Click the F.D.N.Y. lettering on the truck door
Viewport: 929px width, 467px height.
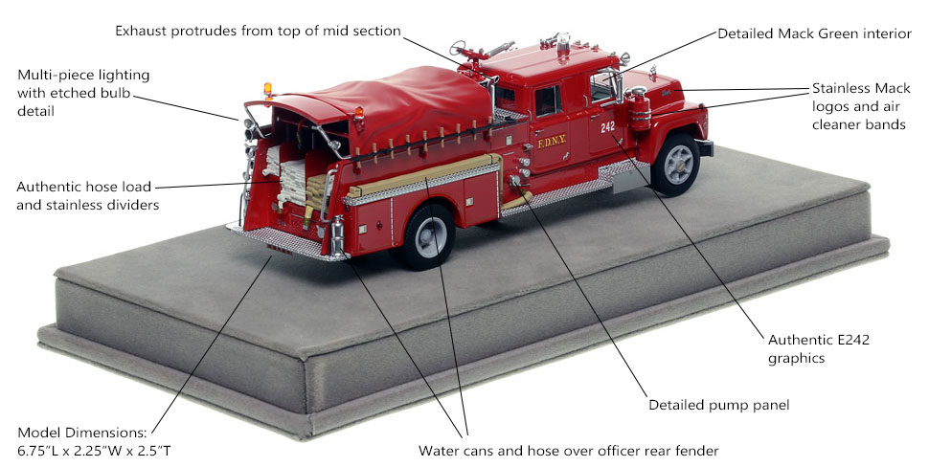pyautogui.click(x=552, y=143)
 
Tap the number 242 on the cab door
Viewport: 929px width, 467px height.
pyautogui.click(x=607, y=127)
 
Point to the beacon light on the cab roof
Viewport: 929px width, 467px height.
pyautogui.click(x=562, y=43)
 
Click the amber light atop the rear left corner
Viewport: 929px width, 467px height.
pyautogui.click(x=268, y=90)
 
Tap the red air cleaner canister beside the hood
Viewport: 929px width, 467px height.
pyautogui.click(x=639, y=109)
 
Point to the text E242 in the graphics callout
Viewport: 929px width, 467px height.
pyautogui.click(x=852, y=340)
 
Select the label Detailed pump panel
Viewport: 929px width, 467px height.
pyautogui.click(x=718, y=405)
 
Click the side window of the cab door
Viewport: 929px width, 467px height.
pyautogui.click(x=548, y=100)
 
